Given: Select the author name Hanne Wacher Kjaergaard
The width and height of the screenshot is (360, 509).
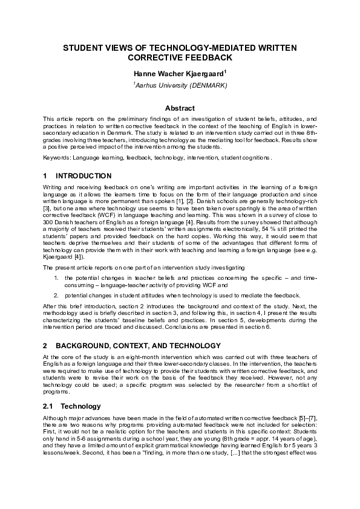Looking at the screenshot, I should pyautogui.click(x=178, y=73).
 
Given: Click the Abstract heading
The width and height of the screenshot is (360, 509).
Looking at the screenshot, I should pyautogui.click(x=180, y=108).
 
